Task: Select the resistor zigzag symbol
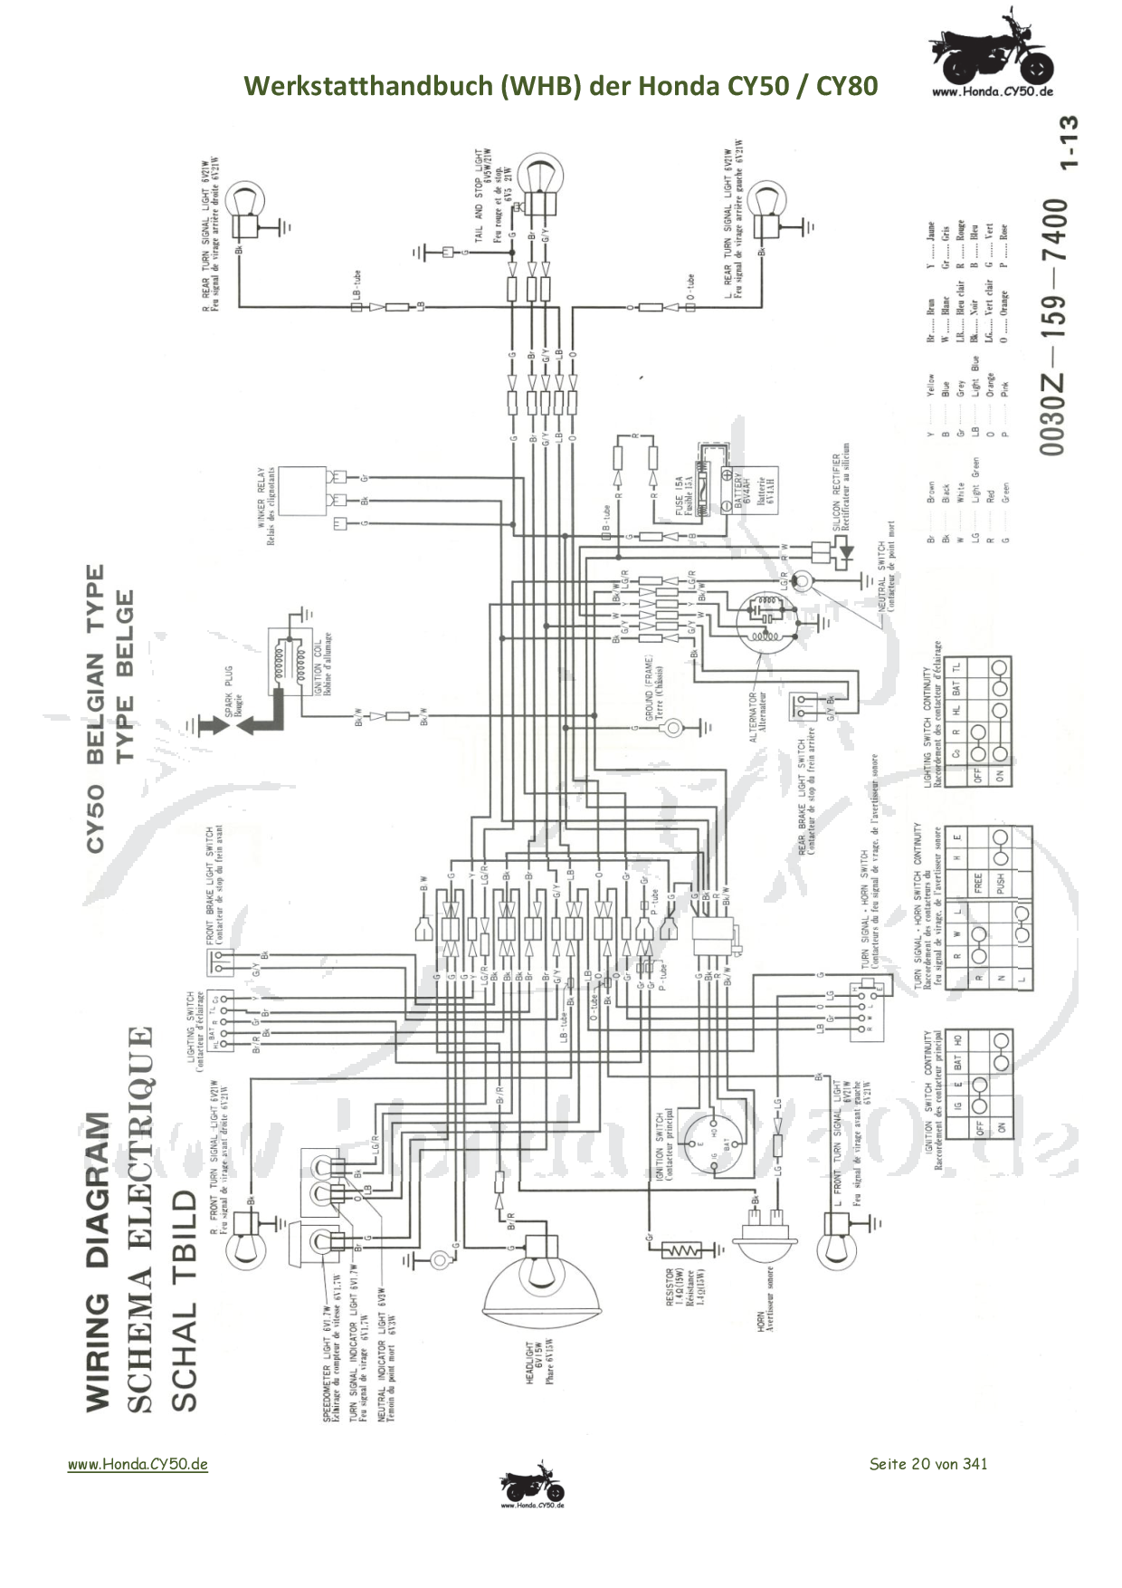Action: pos(680,1250)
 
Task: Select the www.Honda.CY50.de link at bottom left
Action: pos(138,1464)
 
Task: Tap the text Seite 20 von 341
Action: pos(927,1463)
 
